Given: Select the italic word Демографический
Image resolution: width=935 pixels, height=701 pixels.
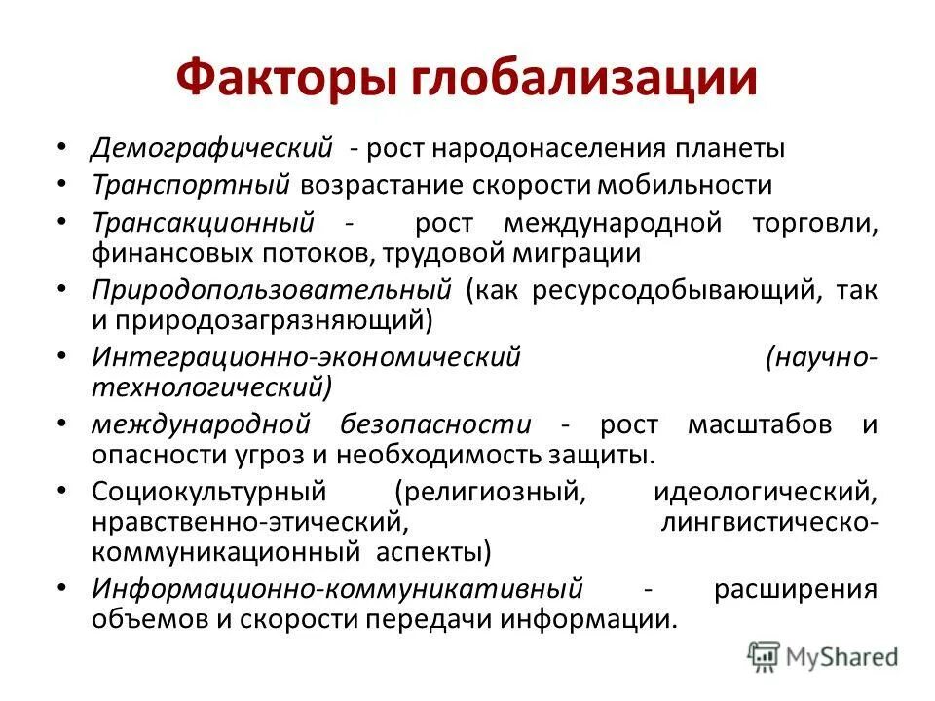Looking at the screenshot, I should (x=212, y=150).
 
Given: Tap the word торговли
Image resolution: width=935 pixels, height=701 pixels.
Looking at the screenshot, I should (x=814, y=222).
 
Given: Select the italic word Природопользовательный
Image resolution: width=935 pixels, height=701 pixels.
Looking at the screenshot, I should (x=272, y=290).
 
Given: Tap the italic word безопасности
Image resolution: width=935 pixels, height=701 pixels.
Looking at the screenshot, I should (x=436, y=424).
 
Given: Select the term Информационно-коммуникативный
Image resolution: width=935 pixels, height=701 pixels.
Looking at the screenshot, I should (x=337, y=589).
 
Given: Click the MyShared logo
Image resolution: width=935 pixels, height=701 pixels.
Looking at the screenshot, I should (x=823, y=656).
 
